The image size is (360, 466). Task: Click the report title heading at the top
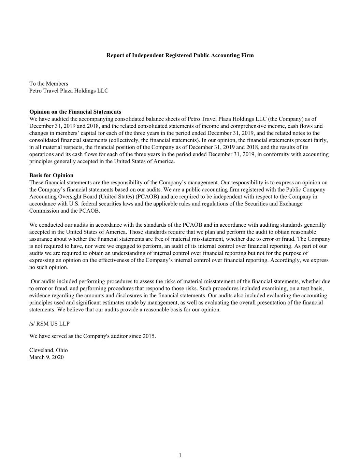pyautogui.click(x=180, y=55)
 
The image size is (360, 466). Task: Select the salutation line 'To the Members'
pyautogui.click(x=49, y=84)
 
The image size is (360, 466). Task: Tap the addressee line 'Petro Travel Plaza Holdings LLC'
pyautogui.click(x=69, y=91)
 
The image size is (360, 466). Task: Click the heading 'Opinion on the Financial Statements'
pyautogui.click(x=75, y=112)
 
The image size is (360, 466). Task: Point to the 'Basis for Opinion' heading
pyautogui.click(x=51, y=175)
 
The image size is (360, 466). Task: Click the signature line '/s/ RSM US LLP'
pyautogui.click(x=49, y=324)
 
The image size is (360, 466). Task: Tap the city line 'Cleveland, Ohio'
pyautogui.click(x=48, y=350)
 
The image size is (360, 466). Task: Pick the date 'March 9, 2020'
pyautogui.click(x=46, y=357)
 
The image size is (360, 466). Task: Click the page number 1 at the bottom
pyautogui.click(x=180, y=455)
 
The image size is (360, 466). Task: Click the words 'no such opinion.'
pyautogui.click(x=49, y=267)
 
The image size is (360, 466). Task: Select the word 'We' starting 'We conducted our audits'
pyautogui.click(x=33, y=225)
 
